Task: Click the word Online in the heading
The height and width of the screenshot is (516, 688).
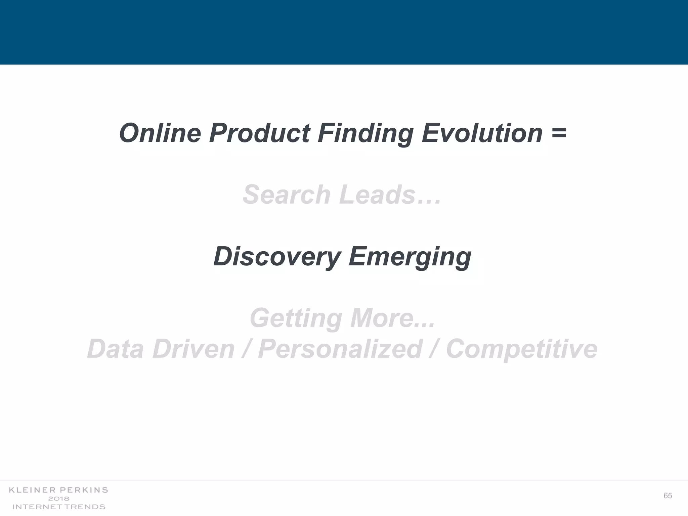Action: [x=160, y=133]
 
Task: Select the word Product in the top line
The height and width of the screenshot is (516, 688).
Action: [x=259, y=133]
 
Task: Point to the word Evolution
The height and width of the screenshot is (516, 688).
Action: [x=482, y=133]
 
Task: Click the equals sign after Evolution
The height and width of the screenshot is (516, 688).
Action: [x=559, y=133]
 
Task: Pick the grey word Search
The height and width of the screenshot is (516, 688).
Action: [x=287, y=195]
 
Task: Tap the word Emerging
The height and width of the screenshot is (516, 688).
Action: [x=410, y=257]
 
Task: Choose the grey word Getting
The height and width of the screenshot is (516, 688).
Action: [x=296, y=318]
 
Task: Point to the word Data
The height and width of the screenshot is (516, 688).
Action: [x=116, y=349]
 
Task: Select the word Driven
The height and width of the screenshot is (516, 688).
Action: [x=193, y=349]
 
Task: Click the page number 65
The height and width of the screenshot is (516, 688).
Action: [x=668, y=496]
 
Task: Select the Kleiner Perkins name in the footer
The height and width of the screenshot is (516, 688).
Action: [x=58, y=490]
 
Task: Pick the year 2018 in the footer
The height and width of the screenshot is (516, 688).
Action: [x=58, y=499]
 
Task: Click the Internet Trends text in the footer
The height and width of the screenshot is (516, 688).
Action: [x=59, y=507]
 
